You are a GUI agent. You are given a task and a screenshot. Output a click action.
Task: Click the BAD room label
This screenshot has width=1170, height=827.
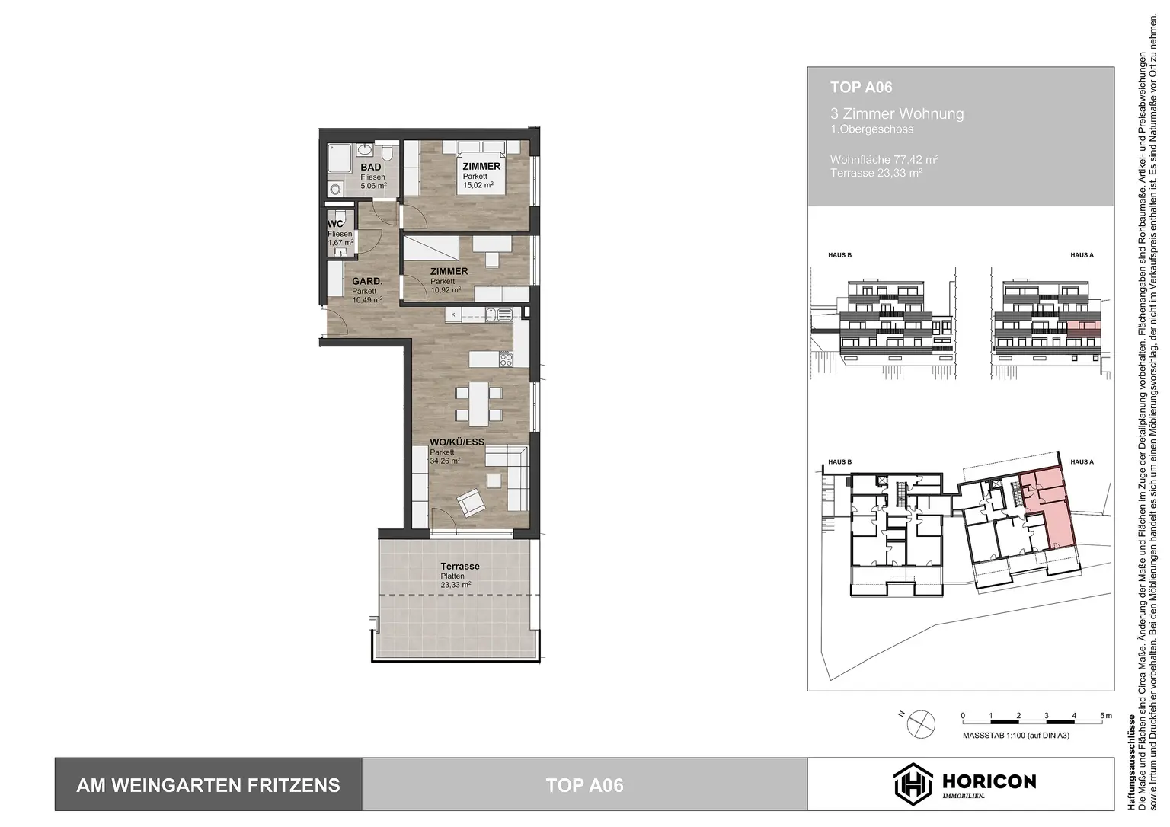371,168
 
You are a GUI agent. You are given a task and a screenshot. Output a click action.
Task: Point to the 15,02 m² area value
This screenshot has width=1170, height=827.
479,185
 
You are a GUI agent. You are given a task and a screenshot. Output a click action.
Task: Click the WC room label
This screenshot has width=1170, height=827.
335,224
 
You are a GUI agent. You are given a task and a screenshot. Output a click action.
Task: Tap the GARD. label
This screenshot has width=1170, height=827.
366,281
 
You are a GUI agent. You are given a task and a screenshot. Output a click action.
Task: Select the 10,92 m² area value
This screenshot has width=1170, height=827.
446,290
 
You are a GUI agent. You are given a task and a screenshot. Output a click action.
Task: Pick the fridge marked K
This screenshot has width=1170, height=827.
454,314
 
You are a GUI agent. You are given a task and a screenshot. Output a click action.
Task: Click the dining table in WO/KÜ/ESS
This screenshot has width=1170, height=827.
478,404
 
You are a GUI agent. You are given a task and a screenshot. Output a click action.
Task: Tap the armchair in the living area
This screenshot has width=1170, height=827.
470,502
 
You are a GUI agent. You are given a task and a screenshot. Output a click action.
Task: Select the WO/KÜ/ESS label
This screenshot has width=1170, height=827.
456,442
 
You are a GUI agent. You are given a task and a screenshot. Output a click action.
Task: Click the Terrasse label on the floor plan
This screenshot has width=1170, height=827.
460,567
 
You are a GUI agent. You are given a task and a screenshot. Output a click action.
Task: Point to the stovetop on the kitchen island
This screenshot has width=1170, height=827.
506,358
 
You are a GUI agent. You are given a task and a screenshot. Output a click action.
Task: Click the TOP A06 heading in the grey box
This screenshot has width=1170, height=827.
861,88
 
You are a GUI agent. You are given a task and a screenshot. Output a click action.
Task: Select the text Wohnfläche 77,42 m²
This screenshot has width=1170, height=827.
884,160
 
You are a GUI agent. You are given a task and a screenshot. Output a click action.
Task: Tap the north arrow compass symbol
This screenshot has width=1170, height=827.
919,720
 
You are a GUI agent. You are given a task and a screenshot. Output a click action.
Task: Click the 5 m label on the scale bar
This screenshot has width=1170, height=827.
1106,716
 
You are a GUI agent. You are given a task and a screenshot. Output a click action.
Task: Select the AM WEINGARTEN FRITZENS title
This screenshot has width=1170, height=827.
208,785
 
